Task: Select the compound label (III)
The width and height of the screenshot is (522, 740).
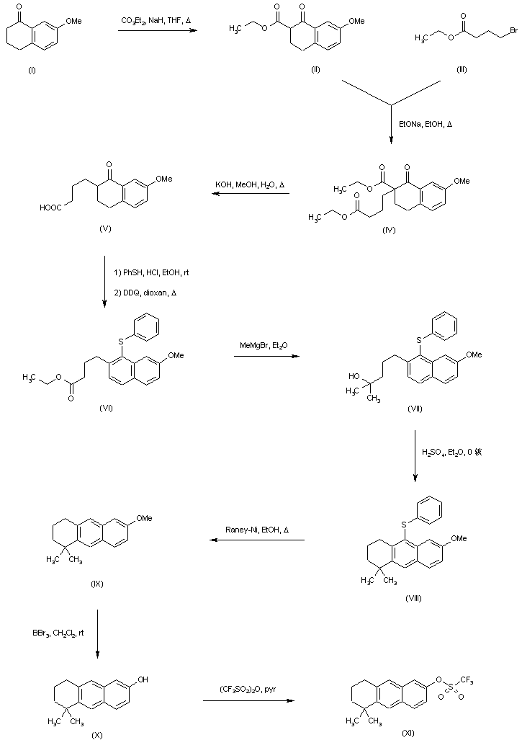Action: [x=462, y=69]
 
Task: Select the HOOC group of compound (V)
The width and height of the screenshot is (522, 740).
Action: [x=52, y=208]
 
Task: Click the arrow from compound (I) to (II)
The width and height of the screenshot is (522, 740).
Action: [x=157, y=30]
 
